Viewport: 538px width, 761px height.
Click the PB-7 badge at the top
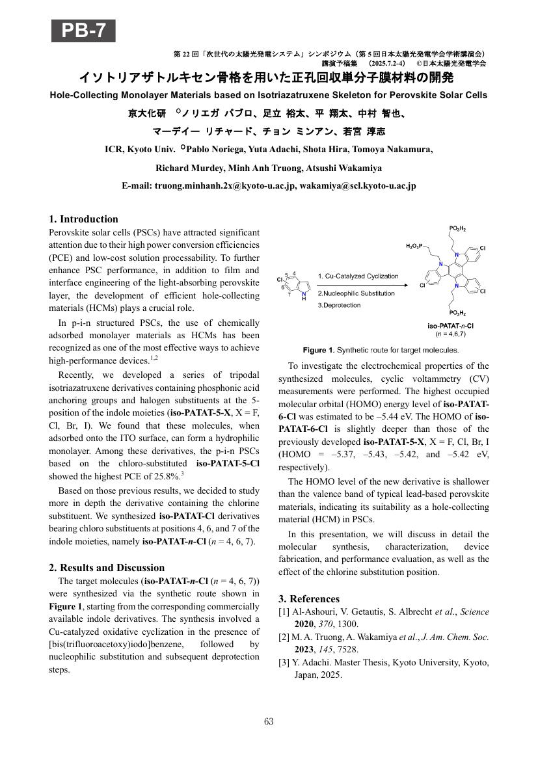(x=83, y=31)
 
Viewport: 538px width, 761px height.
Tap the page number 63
(x=269, y=721)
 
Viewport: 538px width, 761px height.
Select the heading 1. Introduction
(x=84, y=219)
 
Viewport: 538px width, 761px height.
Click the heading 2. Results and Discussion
(x=107, y=568)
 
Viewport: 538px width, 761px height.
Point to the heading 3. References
(x=309, y=599)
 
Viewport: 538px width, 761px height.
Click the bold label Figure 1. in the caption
(x=318, y=350)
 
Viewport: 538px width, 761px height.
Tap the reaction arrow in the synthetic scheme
(x=361, y=284)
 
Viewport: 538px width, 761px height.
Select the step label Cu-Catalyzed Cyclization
(x=361, y=276)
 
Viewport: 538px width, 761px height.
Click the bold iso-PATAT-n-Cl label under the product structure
(x=450, y=325)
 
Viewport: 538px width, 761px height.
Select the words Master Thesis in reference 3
(x=351, y=663)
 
